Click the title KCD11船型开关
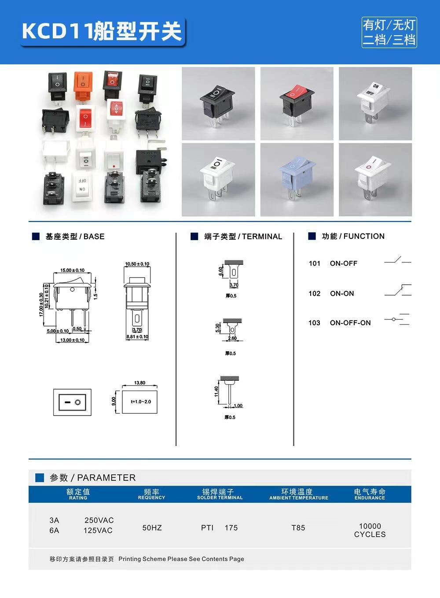102,32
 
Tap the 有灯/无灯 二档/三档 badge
389,32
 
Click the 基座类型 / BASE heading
75,237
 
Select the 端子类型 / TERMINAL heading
243,237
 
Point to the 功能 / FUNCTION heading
353,236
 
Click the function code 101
315,264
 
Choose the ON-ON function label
342,293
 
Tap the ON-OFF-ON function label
350,323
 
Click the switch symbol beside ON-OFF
397,260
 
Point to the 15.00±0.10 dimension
73,270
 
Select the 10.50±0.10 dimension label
137,264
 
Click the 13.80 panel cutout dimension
139,383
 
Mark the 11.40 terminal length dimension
216,392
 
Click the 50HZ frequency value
152,528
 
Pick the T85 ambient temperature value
298,528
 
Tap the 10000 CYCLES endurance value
370,530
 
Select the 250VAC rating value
99,520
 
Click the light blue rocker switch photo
297,179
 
